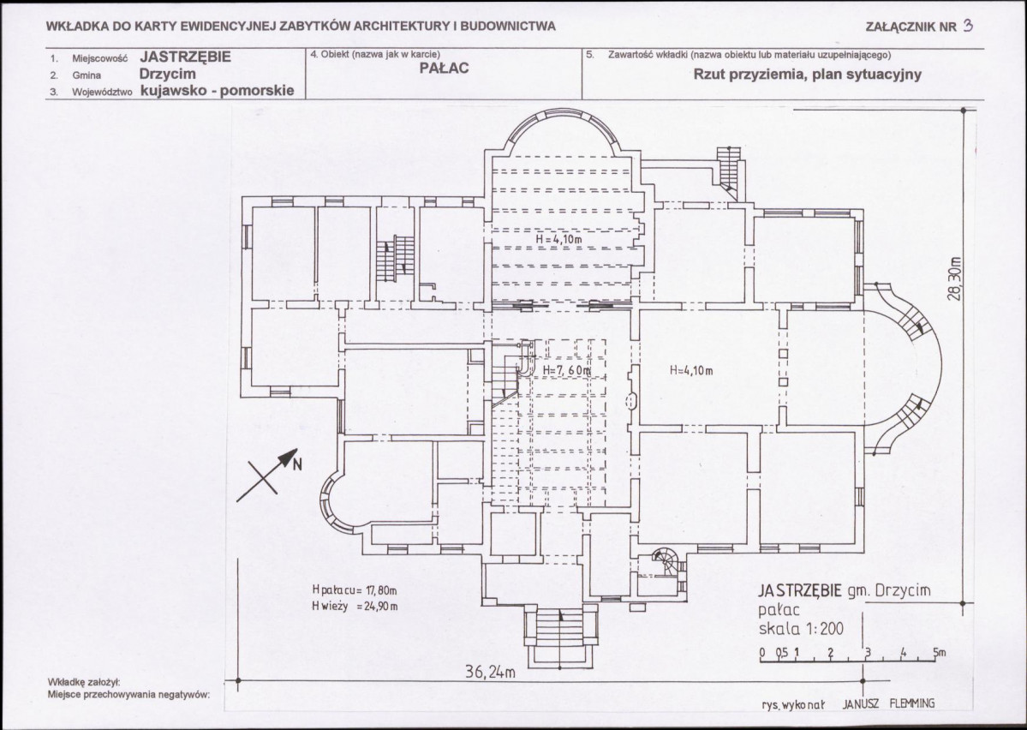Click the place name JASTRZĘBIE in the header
(x=185, y=57)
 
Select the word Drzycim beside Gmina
(x=168, y=74)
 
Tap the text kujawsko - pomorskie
(x=218, y=91)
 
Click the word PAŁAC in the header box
(x=444, y=69)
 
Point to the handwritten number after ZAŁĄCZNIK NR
(x=968, y=26)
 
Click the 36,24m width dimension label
(x=490, y=672)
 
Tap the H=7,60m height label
(x=566, y=370)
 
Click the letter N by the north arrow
(x=297, y=464)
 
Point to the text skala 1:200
(x=801, y=629)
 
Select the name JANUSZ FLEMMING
(x=888, y=703)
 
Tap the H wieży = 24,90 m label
(x=355, y=606)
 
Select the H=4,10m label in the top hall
(x=558, y=239)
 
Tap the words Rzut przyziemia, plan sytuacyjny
(x=808, y=74)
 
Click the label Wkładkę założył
(x=84, y=681)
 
